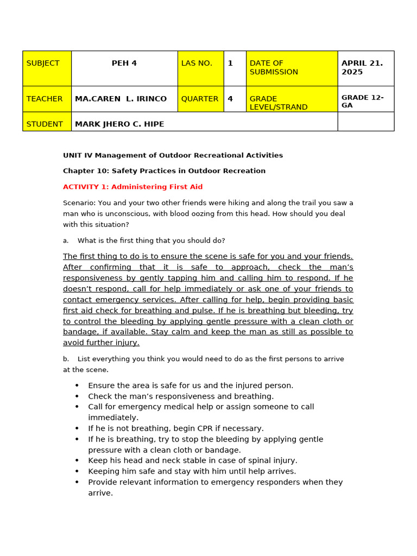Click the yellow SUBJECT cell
click(47, 68)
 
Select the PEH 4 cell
click(124, 64)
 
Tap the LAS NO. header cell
click(200, 68)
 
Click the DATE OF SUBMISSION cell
click(292, 68)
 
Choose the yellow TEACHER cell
click(47, 99)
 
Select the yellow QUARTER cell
click(200, 99)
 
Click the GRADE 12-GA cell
click(365, 101)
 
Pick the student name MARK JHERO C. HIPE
click(119, 124)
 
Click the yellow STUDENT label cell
click(47, 124)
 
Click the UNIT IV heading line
click(173, 155)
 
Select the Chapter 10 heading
click(164, 171)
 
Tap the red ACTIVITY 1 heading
click(132, 187)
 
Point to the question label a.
click(66, 241)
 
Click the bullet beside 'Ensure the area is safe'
click(77, 386)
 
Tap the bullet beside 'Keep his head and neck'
click(77, 460)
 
